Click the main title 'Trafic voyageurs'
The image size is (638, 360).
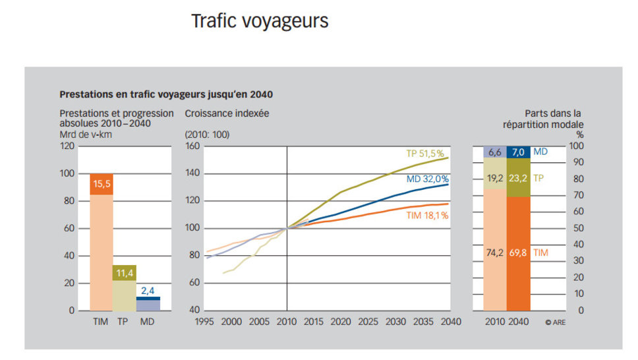(260, 21)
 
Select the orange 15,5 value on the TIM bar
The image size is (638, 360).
(101, 184)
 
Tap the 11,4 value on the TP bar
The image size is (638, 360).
(125, 272)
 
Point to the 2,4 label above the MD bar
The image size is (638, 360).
(148, 289)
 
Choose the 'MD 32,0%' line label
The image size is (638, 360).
(428, 179)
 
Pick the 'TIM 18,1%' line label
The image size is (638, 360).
(427, 216)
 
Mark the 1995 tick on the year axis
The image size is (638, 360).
(206, 322)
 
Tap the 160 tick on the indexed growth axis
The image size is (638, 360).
(192, 146)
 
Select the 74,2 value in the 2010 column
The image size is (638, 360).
(495, 253)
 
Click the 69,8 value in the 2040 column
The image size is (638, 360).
(518, 253)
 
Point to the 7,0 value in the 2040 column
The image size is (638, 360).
(518, 152)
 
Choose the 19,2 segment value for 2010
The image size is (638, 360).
(495, 177)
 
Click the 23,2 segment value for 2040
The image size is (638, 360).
(518, 177)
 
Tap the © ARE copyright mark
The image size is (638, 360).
(555, 322)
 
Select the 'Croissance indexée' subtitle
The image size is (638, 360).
(227, 113)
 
